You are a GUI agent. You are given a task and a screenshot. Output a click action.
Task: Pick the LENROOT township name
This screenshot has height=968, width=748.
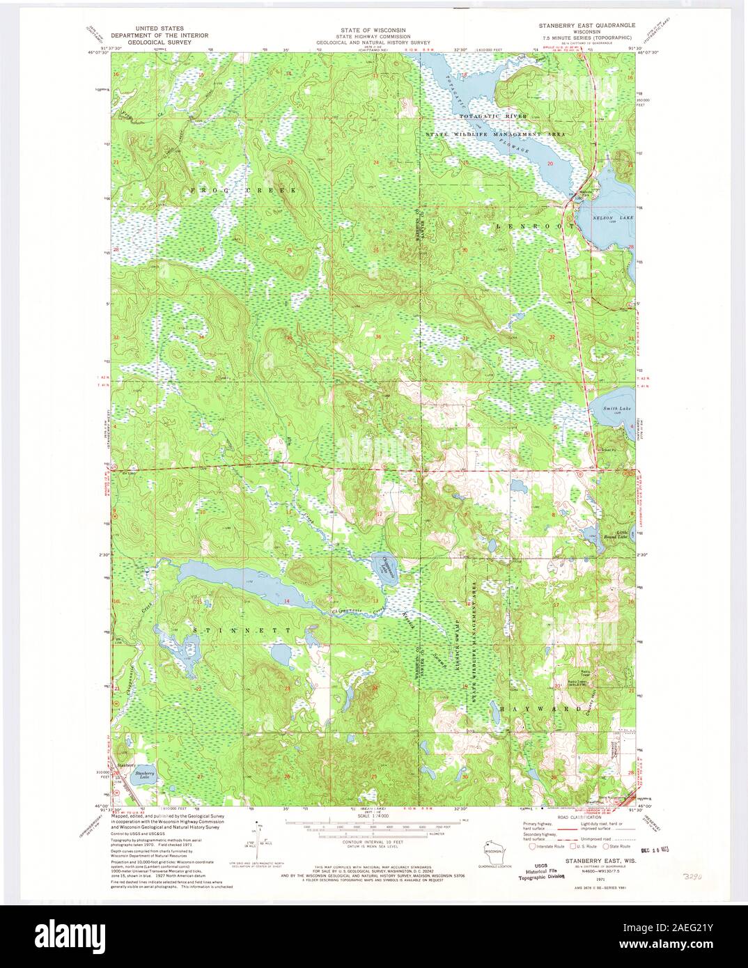pyautogui.click(x=535, y=227)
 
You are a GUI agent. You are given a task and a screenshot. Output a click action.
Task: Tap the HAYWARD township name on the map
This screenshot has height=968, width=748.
pyautogui.click(x=540, y=708)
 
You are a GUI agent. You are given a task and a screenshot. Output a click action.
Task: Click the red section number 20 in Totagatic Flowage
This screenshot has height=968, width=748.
pyautogui.click(x=550, y=164)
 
